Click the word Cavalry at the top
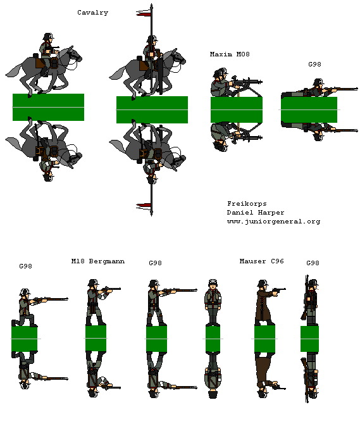tap(92, 13)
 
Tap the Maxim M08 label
tap(230, 54)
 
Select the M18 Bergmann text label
tap(98, 261)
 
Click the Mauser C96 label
tap(261, 261)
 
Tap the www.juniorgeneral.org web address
tap(273, 222)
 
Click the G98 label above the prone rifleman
tap(314, 64)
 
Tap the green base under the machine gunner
tap(236, 109)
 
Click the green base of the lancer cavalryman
tap(152, 109)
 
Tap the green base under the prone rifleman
tap(309, 109)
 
